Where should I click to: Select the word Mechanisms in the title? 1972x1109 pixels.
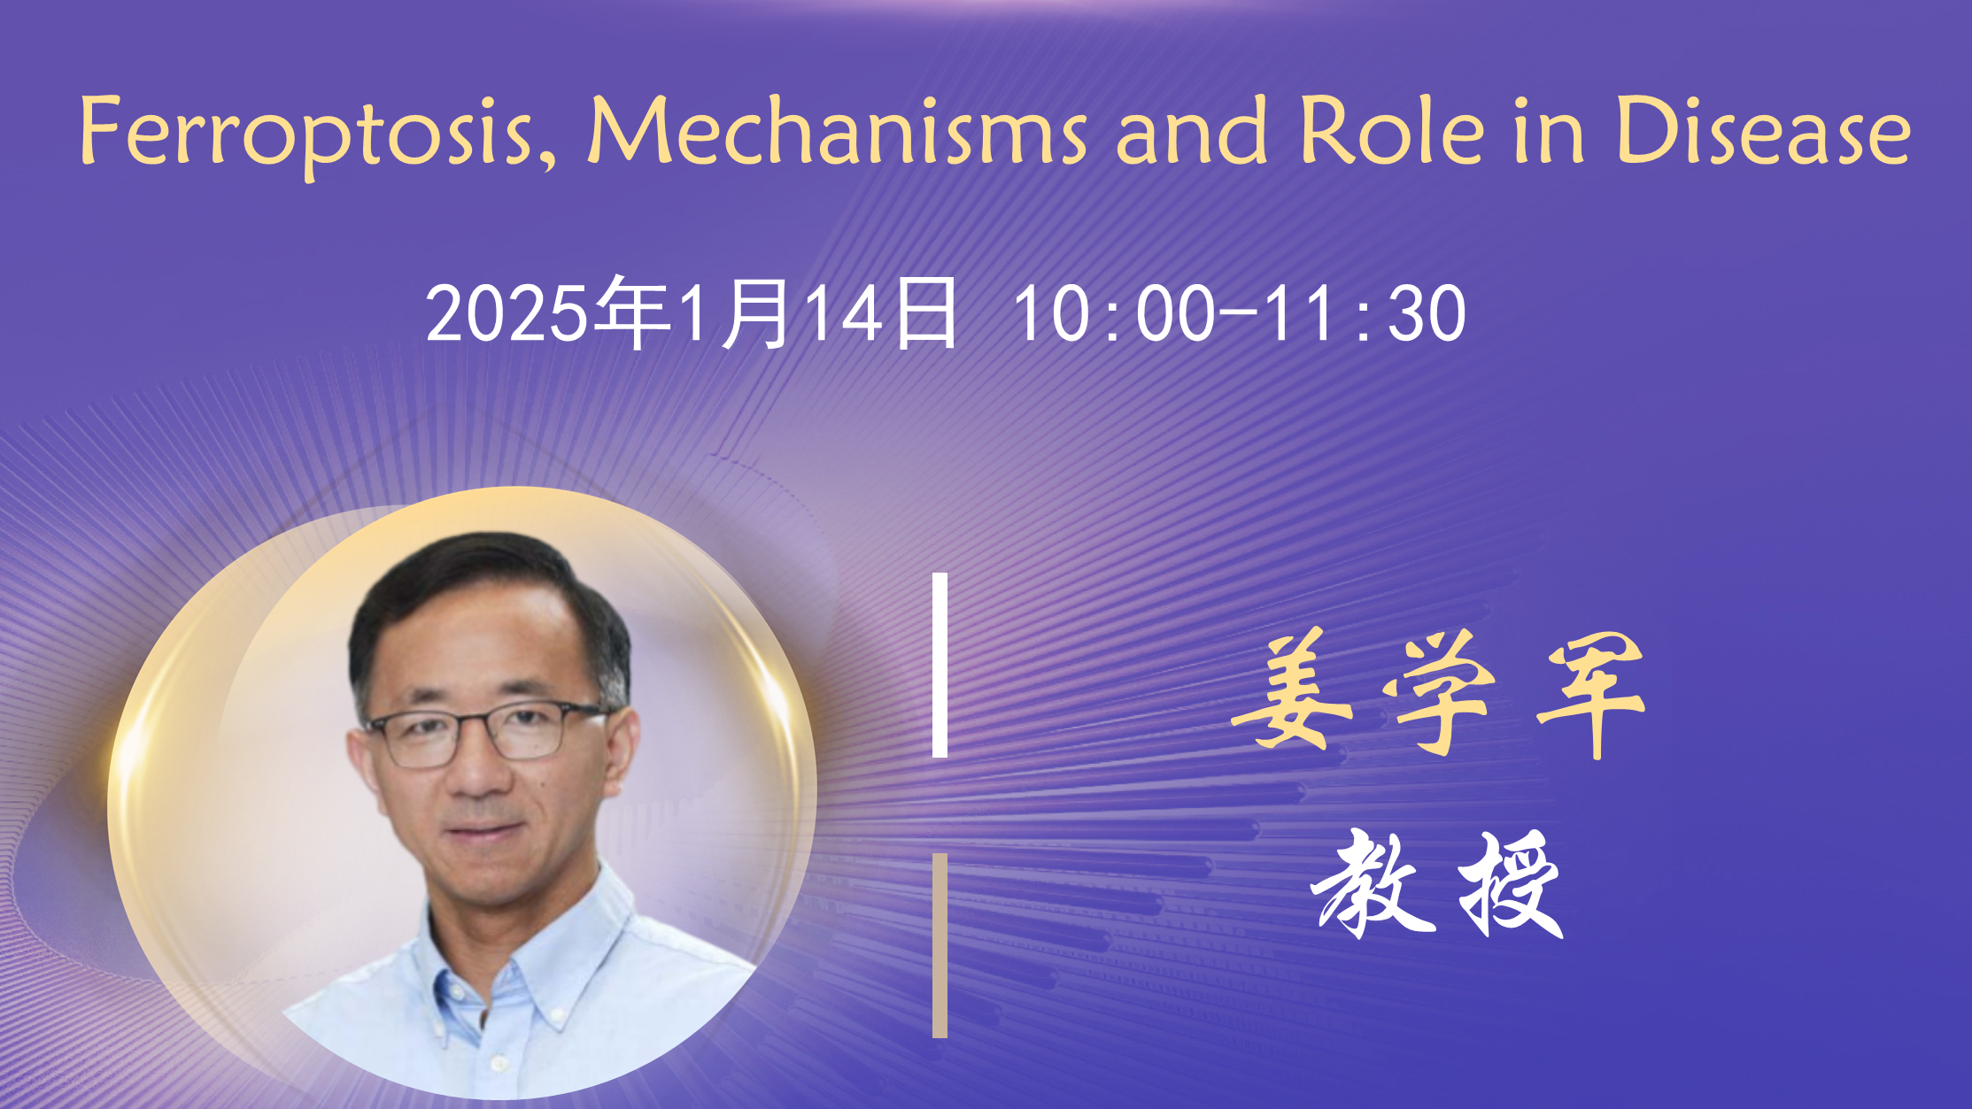pos(837,131)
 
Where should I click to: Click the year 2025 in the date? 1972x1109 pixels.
pos(507,313)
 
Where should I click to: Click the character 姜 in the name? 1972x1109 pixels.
pos(1292,689)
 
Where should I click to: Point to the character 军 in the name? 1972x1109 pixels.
pos(1590,695)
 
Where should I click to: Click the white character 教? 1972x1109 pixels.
pos(1373,884)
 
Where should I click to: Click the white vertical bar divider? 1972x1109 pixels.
pos(940,665)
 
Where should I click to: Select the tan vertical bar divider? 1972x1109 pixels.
pos(940,945)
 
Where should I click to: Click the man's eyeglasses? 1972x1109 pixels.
pos(485,733)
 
